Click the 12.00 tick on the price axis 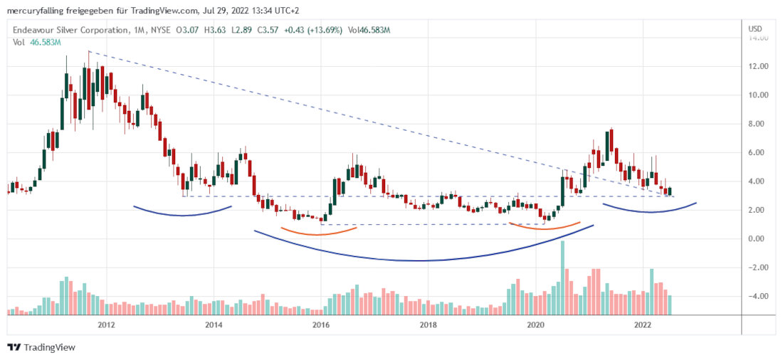(758, 66)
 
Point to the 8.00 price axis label (758, 124)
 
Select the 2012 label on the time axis (107, 324)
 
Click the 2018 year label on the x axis (428, 324)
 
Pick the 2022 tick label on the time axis (643, 324)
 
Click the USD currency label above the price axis (755, 28)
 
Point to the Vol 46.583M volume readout (37, 42)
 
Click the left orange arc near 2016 (318, 233)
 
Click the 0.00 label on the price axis (758, 238)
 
